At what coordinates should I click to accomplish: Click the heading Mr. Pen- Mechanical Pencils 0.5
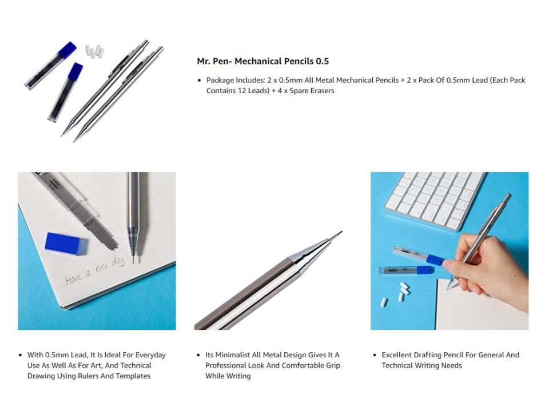click(x=262, y=61)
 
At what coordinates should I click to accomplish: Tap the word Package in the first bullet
click(x=220, y=81)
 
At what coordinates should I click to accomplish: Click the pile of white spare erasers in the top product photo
click(x=94, y=51)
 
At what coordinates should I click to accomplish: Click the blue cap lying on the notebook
click(x=66, y=242)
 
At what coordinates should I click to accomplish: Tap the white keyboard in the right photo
click(x=434, y=200)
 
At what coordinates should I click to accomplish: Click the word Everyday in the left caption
click(x=150, y=355)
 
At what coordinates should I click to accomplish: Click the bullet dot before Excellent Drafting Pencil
click(x=375, y=355)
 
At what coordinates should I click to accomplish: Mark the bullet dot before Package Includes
click(x=200, y=81)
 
